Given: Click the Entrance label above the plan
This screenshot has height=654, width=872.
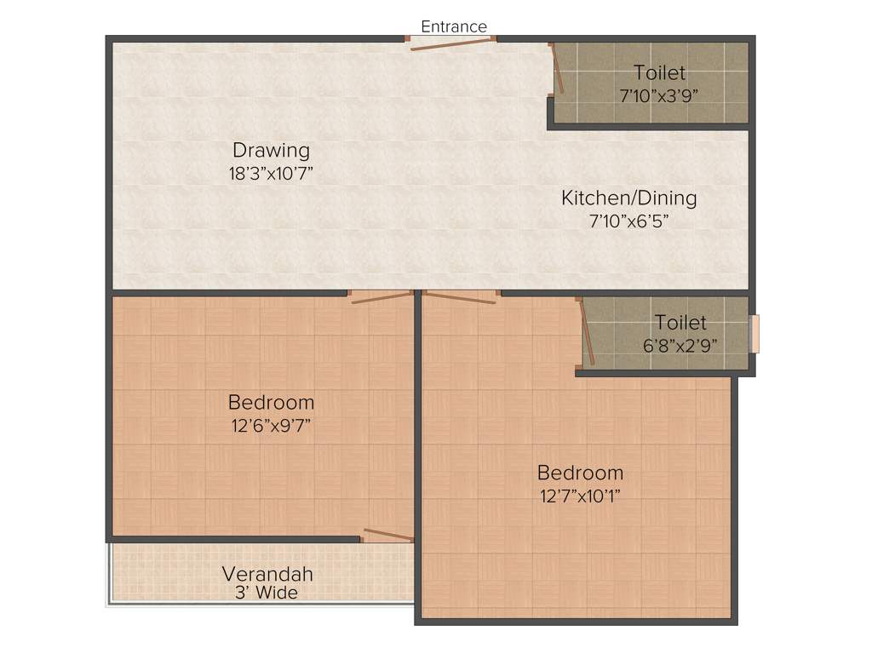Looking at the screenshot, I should [454, 26].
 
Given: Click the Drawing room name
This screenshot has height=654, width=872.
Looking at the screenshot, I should [272, 151].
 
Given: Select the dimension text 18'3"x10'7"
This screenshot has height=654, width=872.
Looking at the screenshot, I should [272, 173].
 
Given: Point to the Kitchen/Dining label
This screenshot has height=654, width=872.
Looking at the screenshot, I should [628, 198].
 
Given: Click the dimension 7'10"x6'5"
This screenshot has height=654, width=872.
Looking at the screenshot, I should [628, 221].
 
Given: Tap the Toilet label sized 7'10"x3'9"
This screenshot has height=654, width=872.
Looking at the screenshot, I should [659, 73].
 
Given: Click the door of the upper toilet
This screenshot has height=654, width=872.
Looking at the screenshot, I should [557, 67].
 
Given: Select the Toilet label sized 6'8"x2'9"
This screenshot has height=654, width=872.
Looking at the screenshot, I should [680, 323].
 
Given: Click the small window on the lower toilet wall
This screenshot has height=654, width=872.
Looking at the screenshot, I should [754, 334].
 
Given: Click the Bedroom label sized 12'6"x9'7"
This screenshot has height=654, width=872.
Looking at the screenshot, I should [271, 402].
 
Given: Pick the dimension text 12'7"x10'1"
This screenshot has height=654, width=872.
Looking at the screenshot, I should [580, 496].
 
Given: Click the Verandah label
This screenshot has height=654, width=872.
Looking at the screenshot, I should [267, 574].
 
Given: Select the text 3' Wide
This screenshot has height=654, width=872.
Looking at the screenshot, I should [267, 593].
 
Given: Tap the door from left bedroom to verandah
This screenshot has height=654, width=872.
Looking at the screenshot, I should [387, 535].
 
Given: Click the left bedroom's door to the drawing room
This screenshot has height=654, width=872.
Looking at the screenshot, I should [381, 298].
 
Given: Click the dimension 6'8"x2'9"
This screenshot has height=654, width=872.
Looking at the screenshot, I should [680, 345].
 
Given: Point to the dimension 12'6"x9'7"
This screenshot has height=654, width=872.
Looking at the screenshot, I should [271, 425].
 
